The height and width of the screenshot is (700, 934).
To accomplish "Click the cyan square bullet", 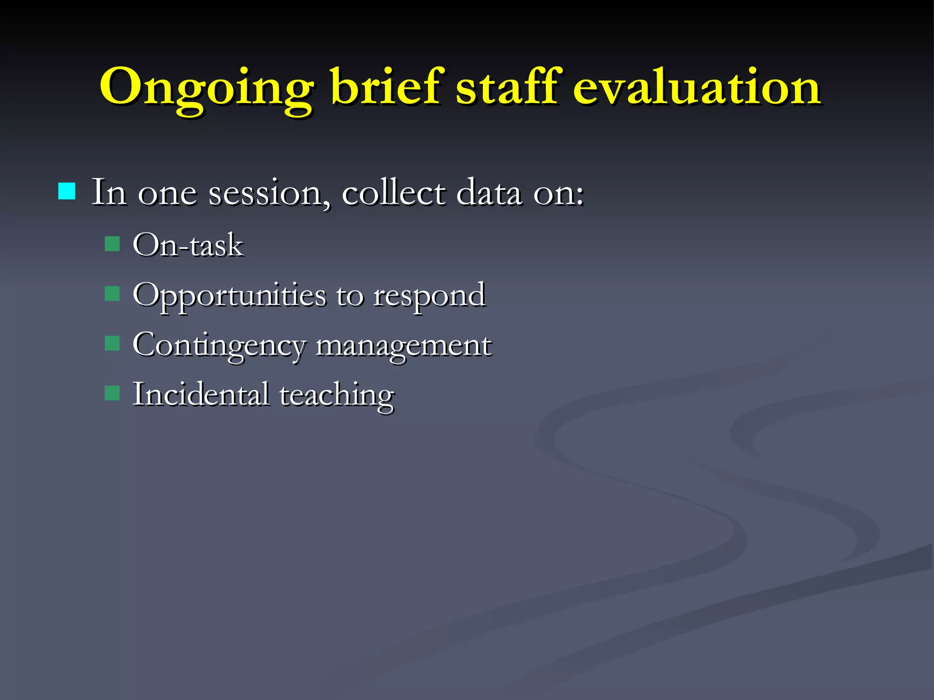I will [67, 191].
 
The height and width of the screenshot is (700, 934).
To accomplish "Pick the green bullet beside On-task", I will [112, 244].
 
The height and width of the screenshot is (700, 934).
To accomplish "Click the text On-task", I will [188, 245].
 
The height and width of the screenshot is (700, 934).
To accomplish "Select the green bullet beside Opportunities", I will [112, 294].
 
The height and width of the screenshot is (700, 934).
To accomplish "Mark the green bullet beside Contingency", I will [112, 343].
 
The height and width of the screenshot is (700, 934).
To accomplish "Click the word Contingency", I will [219, 345].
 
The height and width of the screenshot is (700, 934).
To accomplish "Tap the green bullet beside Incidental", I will [112, 392].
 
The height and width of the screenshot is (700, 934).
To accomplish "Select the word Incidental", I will [201, 394].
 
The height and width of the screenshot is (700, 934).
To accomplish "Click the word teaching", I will [337, 395].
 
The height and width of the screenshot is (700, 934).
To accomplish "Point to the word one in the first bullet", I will [167, 193].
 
